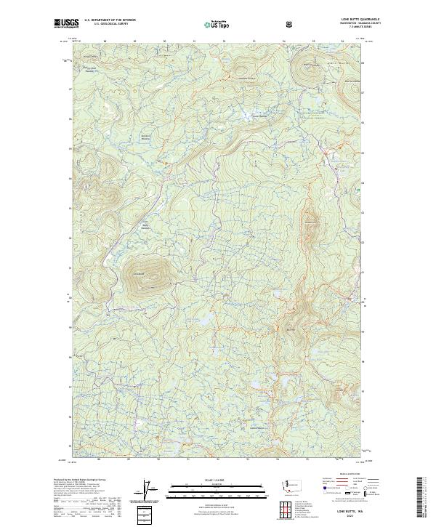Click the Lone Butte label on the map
point(139,273)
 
